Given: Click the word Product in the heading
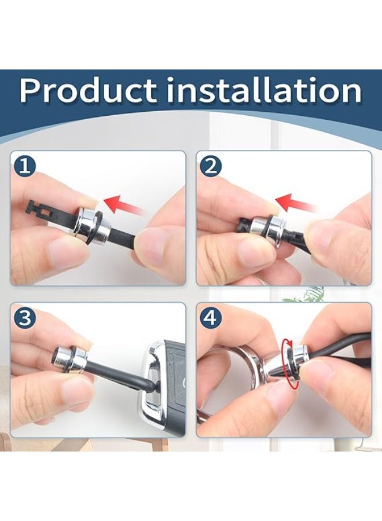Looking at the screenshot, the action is (x=88, y=90).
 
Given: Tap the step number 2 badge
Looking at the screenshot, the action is (x=211, y=166).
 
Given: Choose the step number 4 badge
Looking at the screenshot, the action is (x=211, y=317).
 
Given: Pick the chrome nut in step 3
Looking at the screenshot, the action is (x=71, y=360).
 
